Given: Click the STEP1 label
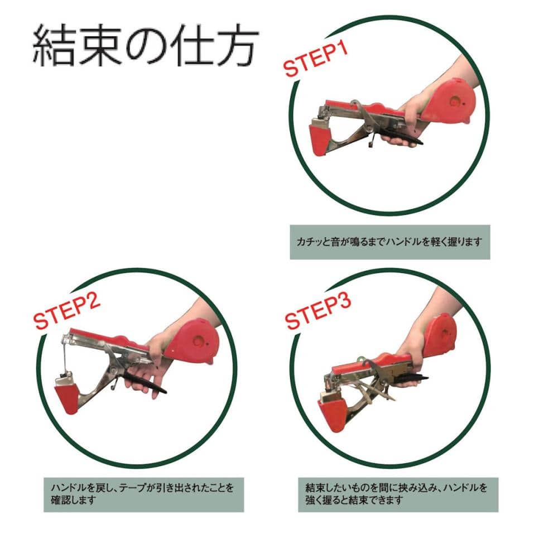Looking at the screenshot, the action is tap(316, 60).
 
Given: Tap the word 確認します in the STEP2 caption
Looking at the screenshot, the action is tap(73, 500).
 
